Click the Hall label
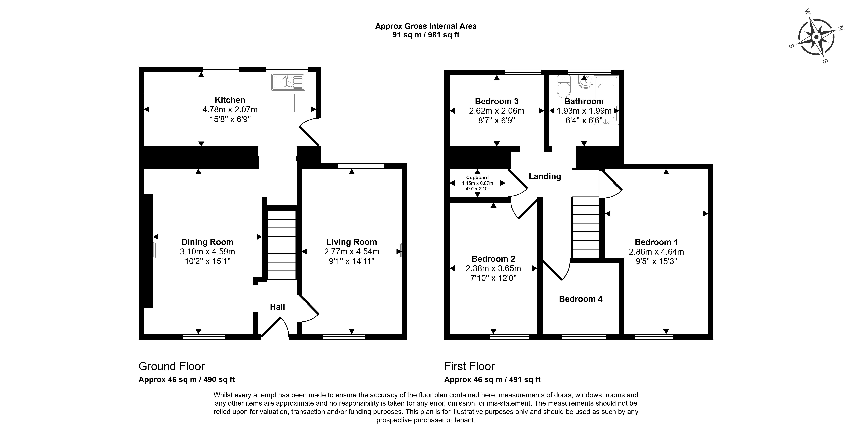coord(277,307)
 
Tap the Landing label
coord(545,176)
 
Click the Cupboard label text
coord(477,178)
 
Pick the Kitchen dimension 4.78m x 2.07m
coord(230,109)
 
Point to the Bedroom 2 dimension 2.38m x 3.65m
coord(493,268)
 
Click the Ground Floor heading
coord(172,366)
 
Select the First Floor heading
coord(469,366)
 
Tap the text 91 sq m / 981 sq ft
coord(426,35)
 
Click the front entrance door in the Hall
coord(275,327)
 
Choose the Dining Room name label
coord(207,242)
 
